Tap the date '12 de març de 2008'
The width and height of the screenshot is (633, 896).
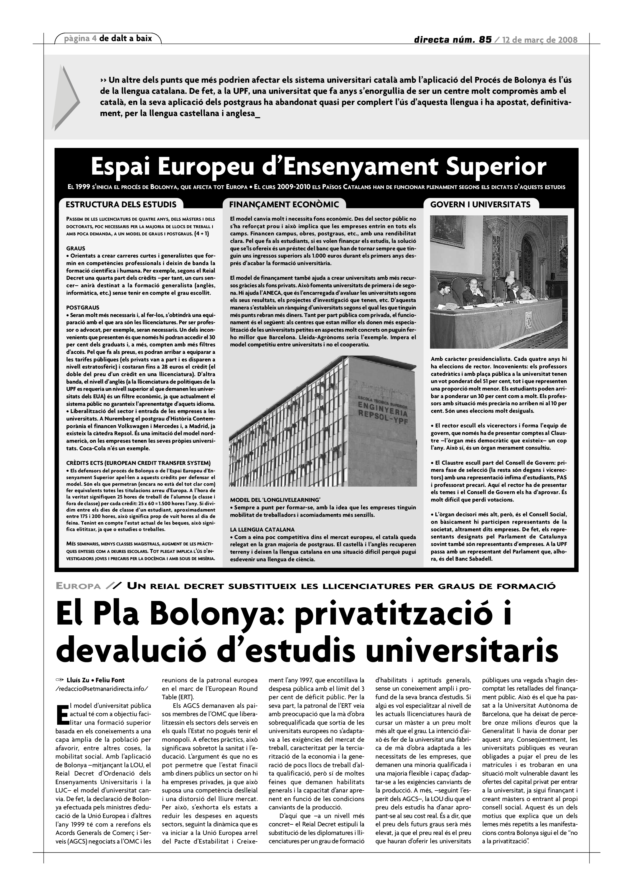click(540, 40)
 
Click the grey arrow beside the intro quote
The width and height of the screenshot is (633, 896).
click(65, 97)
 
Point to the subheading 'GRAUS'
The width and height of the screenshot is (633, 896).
click(76, 248)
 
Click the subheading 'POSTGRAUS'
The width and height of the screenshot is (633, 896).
click(83, 308)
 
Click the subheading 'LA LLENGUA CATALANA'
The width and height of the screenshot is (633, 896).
click(262, 530)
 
